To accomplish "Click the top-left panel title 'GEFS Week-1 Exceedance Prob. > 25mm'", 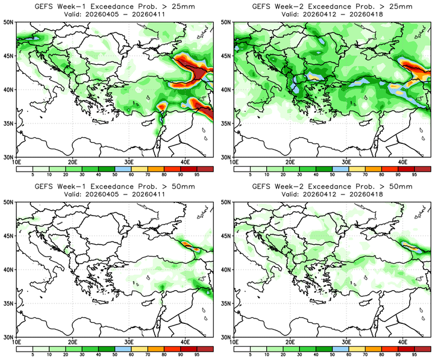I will click(114, 6).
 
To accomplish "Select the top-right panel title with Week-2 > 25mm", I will click(332, 6).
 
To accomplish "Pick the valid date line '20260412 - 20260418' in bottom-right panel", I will click(332, 195).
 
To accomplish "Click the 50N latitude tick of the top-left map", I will click(8, 22).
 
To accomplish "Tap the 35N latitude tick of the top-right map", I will click(227, 123).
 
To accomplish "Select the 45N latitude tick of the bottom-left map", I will click(8, 236).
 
